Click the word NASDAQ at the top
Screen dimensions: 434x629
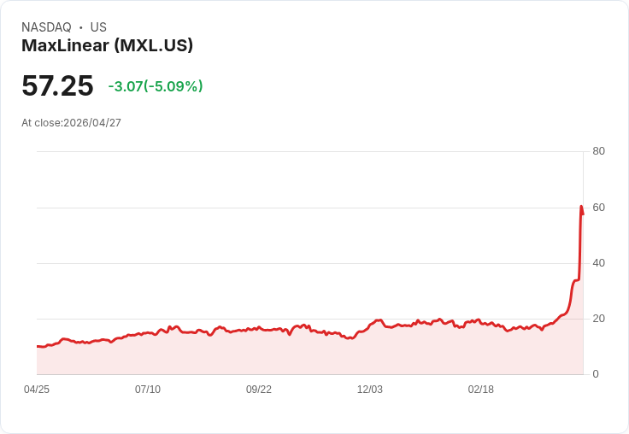click(46, 27)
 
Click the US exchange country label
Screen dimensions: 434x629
click(98, 27)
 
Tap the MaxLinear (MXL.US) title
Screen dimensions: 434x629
click(107, 46)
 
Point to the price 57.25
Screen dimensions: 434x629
click(57, 86)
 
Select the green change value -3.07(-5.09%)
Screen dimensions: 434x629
click(156, 86)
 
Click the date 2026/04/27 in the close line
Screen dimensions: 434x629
click(92, 123)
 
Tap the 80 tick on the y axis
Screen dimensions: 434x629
click(598, 151)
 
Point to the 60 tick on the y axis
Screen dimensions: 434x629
click(598, 208)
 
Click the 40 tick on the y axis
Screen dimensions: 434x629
click(598, 263)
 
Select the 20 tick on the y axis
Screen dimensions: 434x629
click(598, 319)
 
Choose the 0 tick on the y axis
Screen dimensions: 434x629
click(596, 374)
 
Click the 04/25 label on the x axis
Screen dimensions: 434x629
click(37, 390)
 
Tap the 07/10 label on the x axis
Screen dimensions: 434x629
click(148, 390)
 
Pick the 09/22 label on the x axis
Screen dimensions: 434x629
click(259, 390)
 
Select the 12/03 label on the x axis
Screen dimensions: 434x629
click(370, 390)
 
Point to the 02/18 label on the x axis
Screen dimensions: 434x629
click(481, 390)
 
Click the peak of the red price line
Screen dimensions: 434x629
click(581, 207)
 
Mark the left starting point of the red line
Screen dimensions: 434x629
click(38, 346)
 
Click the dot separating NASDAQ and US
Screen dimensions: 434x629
click(80, 27)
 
